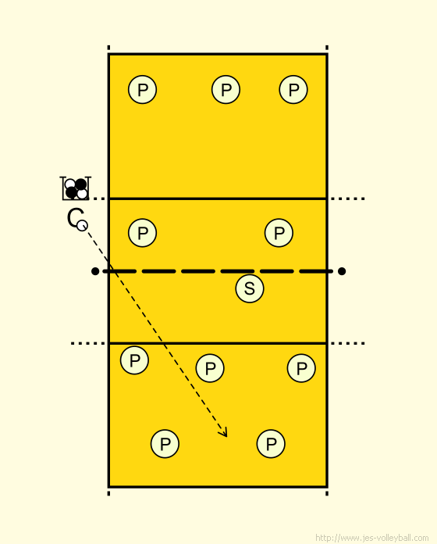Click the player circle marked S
coord(249,288)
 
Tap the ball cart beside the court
coord(76,188)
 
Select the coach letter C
coord(74,217)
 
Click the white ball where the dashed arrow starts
coord(82,226)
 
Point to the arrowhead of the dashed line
coord(224,432)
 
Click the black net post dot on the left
coord(95,271)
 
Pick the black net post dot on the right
coord(342,271)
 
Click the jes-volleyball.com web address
coord(372,538)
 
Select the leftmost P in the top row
coord(142,90)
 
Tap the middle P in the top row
coord(226,90)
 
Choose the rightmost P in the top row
coord(293,90)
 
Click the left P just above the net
coord(142,233)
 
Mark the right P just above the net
coord(279,233)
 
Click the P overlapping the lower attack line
coord(135,360)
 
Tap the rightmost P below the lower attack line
coord(301,368)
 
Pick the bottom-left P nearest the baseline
coord(165,444)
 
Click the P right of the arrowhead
coord(271,444)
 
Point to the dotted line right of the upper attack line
coord(347,199)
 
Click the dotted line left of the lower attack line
coord(88,343)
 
